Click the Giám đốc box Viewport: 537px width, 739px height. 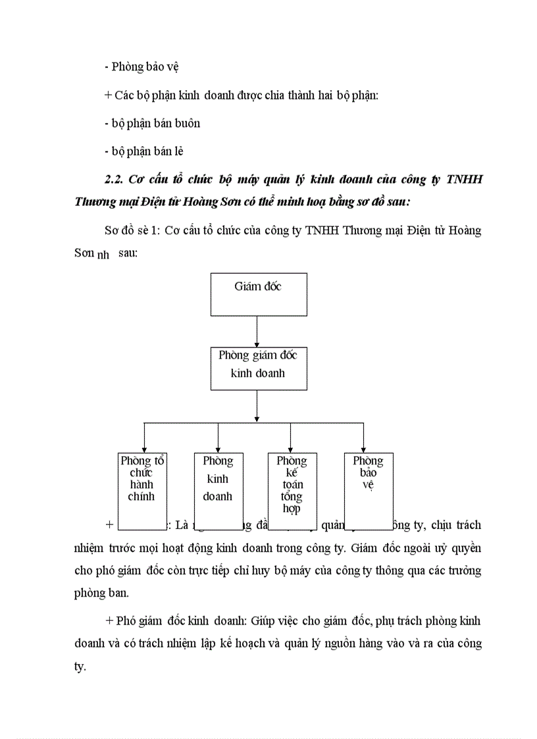(x=258, y=294)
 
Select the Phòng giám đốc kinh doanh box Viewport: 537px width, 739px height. (x=258, y=369)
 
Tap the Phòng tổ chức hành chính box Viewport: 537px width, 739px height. (x=142, y=484)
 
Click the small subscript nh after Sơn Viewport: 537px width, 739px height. (x=103, y=256)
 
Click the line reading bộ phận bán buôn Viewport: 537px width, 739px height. (x=152, y=123)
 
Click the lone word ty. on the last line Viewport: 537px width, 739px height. (x=80, y=667)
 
